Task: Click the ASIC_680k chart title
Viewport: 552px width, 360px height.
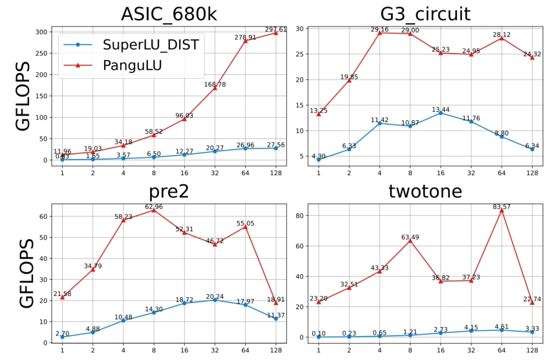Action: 168,14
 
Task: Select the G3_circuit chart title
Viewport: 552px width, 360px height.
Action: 425,14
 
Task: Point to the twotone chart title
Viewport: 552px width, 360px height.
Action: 425,192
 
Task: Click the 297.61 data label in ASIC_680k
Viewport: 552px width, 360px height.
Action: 275,29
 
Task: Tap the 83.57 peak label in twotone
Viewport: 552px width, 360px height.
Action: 502,206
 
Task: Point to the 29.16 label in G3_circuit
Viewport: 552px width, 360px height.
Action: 379,30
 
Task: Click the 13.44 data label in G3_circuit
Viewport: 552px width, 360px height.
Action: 440,109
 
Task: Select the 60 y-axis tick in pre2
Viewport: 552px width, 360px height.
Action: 42,217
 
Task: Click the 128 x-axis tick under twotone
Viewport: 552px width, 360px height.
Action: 532,350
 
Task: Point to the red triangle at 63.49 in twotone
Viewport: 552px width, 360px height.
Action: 410,241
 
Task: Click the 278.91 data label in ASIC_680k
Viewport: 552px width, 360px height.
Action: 245,37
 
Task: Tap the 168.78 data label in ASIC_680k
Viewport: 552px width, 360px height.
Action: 215,84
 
